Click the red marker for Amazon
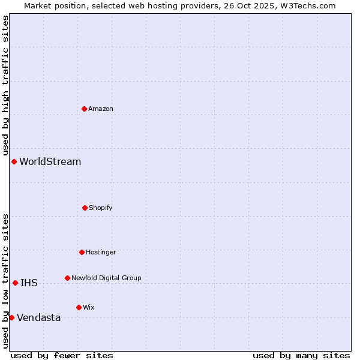point(84,109)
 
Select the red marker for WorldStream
point(14,161)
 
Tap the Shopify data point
point(85,208)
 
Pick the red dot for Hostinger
point(82,252)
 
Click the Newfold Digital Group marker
point(67,278)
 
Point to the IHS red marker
point(15,283)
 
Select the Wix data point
point(79,307)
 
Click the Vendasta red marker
point(11,317)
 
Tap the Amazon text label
point(101,109)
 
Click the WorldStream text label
point(50,161)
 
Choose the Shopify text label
point(101,208)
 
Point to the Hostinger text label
point(101,252)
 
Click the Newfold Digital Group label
point(106,278)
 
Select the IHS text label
point(29,283)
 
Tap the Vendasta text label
point(39,317)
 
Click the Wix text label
point(89,307)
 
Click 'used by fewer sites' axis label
point(62,355)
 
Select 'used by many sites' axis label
point(301,355)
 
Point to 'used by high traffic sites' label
point(5,85)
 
